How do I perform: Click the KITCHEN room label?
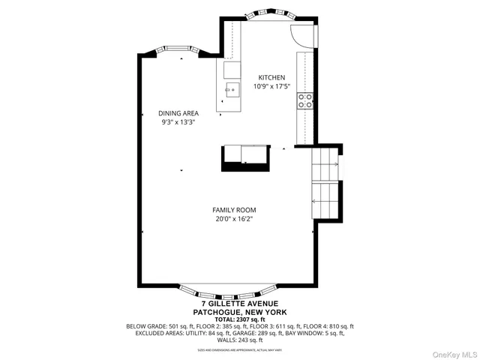click(271, 78)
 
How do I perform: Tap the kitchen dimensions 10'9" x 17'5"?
click(271, 87)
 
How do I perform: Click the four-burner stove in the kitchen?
click(305, 101)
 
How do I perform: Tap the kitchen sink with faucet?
click(232, 92)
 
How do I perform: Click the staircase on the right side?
click(326, 184)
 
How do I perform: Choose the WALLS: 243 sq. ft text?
click(240, 341)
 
